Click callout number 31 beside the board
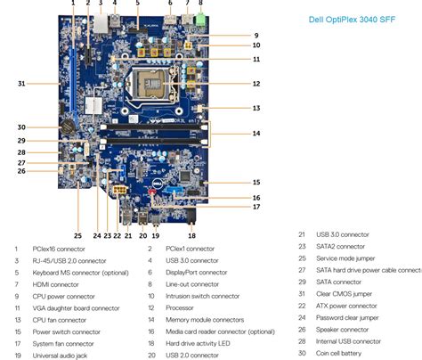point(21,84)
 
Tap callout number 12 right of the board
point(256,84)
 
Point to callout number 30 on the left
point(21,127)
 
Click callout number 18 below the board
point(191,236)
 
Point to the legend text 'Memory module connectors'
point(205,318)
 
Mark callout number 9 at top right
point(256,36)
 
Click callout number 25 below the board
point(77,236)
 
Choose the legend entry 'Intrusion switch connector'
point(202,295)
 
